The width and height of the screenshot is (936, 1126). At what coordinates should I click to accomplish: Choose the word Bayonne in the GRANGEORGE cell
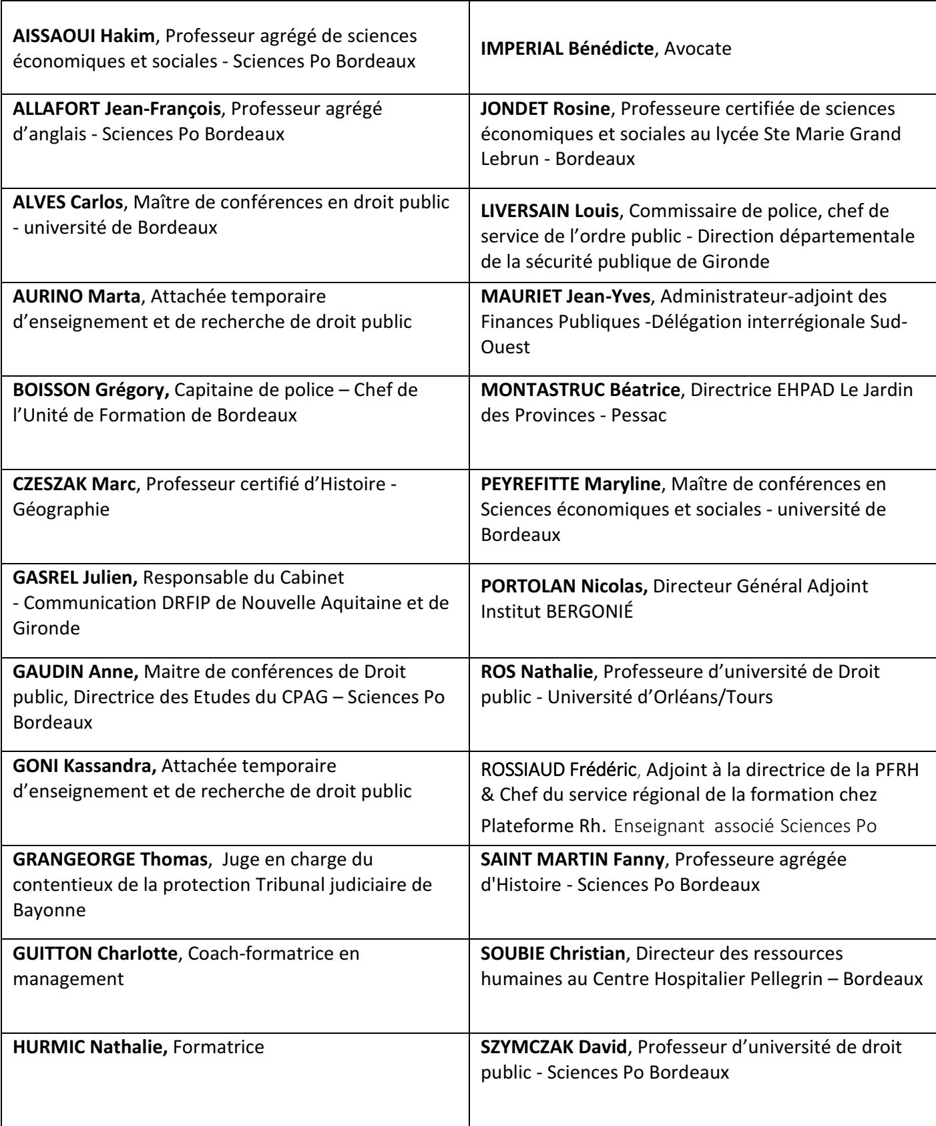(x=49, y=910)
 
